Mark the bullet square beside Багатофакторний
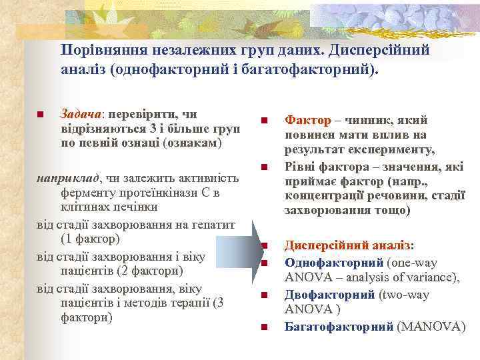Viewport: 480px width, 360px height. pyautogui.click(x=264, y=327)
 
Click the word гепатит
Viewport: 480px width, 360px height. pyautogui.click(x=213, y=224)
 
